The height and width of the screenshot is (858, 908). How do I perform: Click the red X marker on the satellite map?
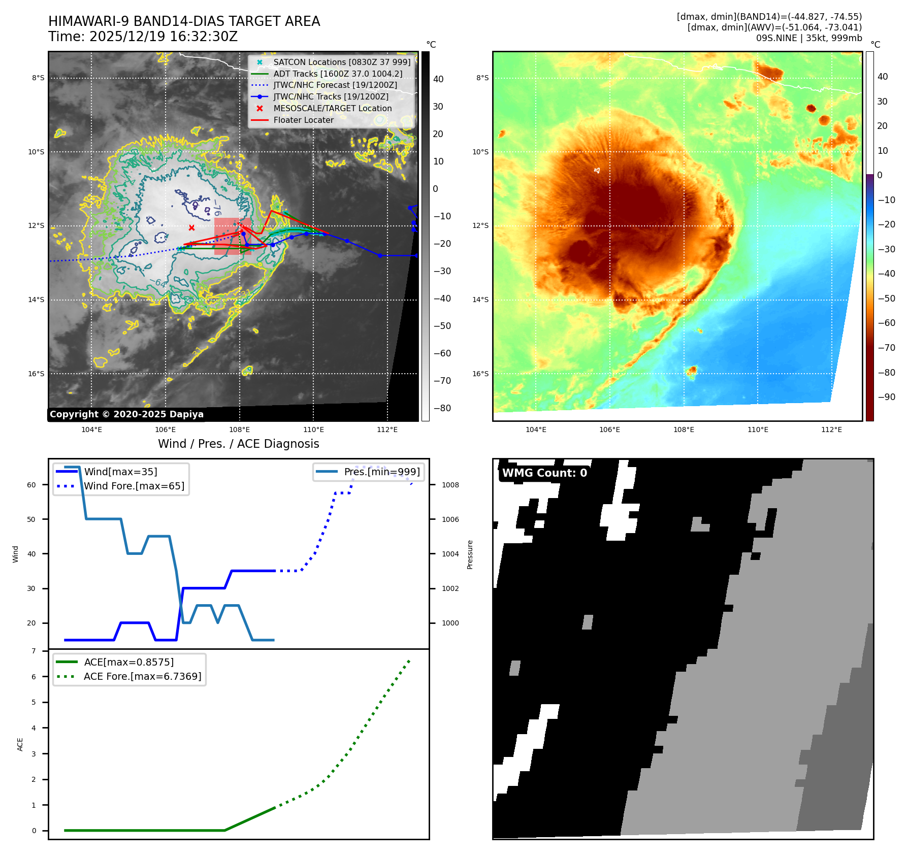(x=191, y=228)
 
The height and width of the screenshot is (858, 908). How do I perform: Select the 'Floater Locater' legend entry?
(x=303, y=120)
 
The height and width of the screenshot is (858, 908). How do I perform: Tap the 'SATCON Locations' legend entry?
(x=341, y=62)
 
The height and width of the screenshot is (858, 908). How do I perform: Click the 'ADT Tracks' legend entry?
(x=337, y=74)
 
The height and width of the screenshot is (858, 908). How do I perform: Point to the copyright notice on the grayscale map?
(x=126, y=414)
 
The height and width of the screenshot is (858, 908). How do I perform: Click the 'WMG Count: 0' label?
(x=544, y=473)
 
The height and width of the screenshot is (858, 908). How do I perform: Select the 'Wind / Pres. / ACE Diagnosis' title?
(x=238, y=444)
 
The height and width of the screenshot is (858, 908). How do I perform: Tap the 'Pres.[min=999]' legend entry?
(x=381, y=472)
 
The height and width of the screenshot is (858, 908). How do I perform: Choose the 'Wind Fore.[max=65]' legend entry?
(x=134, y=486)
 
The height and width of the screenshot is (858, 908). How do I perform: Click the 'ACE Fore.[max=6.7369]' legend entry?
(x=142, y=677)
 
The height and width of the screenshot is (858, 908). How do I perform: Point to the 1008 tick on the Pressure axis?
(x=450, y=485)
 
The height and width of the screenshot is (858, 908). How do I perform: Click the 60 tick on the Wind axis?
(x=31, y=485)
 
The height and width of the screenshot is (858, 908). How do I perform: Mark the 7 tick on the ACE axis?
(x=34, y=651)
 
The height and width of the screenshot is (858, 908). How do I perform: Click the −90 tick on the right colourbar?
(x=886, y=398)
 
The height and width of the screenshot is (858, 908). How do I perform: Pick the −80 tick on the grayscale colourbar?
(x=442, y=408)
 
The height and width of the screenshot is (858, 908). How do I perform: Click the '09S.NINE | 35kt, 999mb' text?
(x=808, y=39)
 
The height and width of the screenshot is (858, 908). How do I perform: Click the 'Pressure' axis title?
(x=470, y=554)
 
